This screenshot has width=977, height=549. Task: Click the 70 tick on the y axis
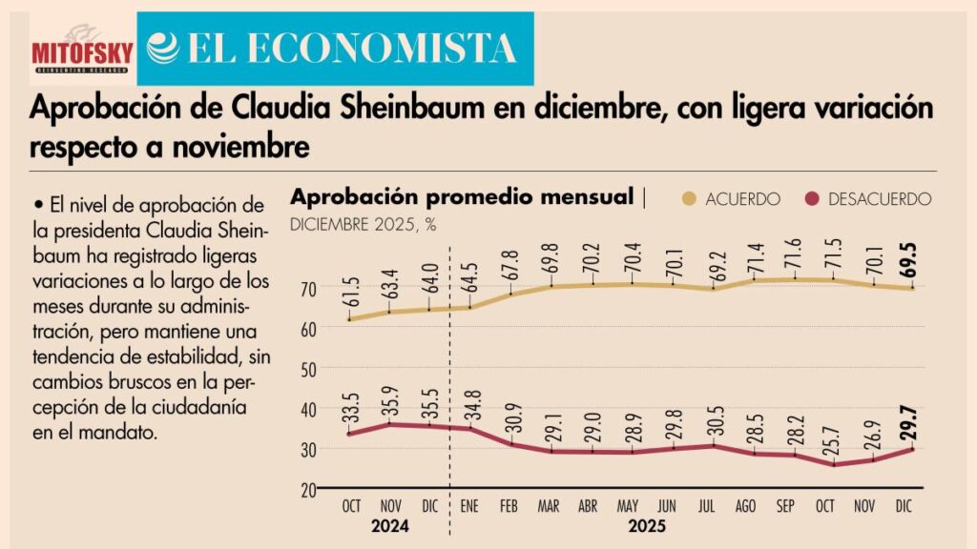(308, 288)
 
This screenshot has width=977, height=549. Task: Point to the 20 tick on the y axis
(308, 489)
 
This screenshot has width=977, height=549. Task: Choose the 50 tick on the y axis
(308, 368)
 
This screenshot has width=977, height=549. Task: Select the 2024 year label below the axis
(390, 525)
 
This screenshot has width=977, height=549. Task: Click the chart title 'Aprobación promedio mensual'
(462, 197)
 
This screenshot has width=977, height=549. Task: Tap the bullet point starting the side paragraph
(36, 205)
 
